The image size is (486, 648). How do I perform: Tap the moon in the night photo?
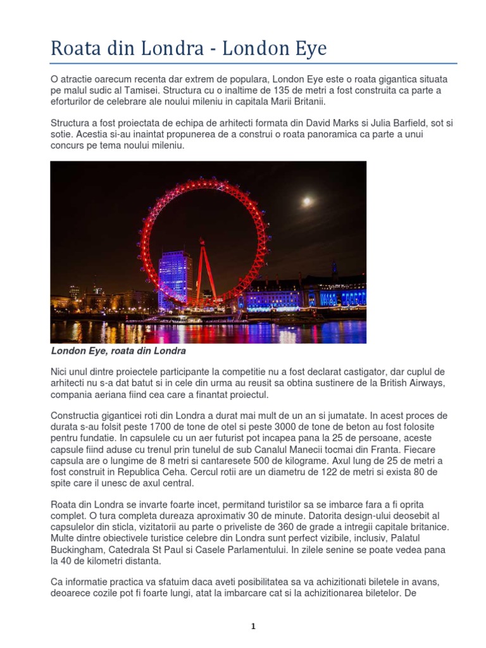click(x=307, y=201)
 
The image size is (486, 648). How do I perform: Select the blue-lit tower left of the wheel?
click(x=175, y=278)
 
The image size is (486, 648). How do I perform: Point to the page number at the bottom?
click(x=253, y=626)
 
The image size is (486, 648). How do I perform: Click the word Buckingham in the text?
click(x=78, y=549)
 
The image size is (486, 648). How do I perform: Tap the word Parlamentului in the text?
click(x=255, y=549)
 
